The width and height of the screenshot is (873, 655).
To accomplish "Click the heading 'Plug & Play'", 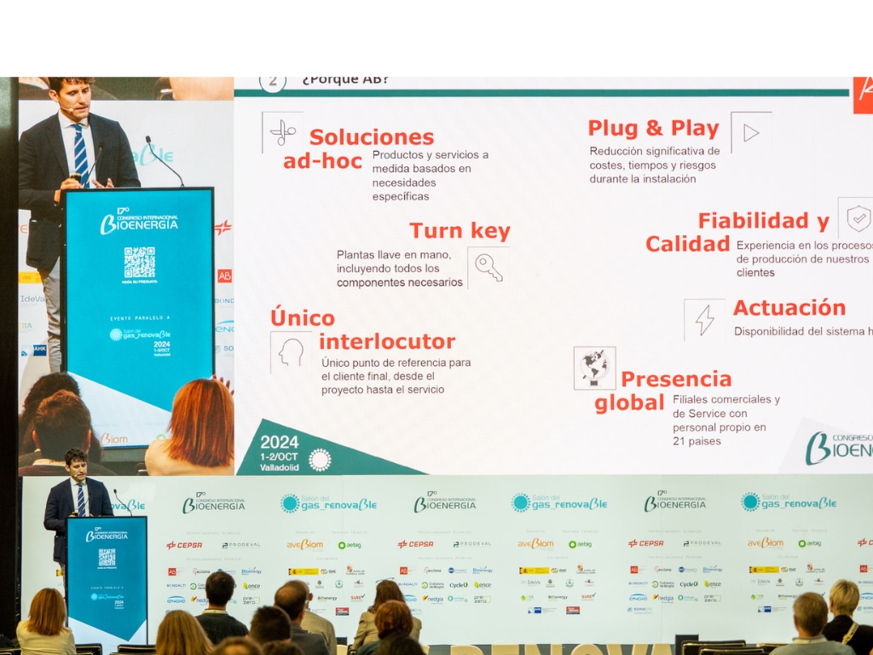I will (x=653, y=129).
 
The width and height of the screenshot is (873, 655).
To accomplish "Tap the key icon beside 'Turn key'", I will (x=489, y=268).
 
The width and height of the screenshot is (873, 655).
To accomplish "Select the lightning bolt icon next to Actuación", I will (x=704, y=320).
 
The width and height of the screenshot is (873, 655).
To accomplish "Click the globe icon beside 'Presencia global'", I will (x=594, y=368).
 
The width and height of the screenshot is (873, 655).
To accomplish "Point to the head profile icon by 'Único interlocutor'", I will (x=291, y=352).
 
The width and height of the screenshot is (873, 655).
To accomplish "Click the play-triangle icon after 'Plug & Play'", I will (x=751, y=133).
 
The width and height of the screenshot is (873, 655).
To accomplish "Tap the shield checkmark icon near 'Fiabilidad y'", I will (x=858, y=218).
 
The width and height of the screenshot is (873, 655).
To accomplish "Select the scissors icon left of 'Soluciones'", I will (x=282, y=132).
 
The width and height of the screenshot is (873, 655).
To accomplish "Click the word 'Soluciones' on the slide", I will (x=372, y=137).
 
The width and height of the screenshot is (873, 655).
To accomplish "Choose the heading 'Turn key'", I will (x=460, y=231).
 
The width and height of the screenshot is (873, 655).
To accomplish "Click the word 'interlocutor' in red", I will (x=387, y=342).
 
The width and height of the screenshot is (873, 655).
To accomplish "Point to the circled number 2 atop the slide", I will (x=272, y=81).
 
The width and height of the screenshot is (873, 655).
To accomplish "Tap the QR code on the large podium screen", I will (x=139, y=262).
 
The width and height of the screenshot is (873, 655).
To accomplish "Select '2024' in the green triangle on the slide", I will (x=280, y=442).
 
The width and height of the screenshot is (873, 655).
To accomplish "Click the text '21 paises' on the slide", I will (x=697, y=441).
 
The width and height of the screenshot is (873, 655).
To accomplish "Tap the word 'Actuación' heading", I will (x=789, y=308).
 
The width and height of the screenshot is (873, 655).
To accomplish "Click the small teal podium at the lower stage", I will (x=107, y=577).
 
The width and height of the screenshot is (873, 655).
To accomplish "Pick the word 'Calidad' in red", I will (x=687, y=244).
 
